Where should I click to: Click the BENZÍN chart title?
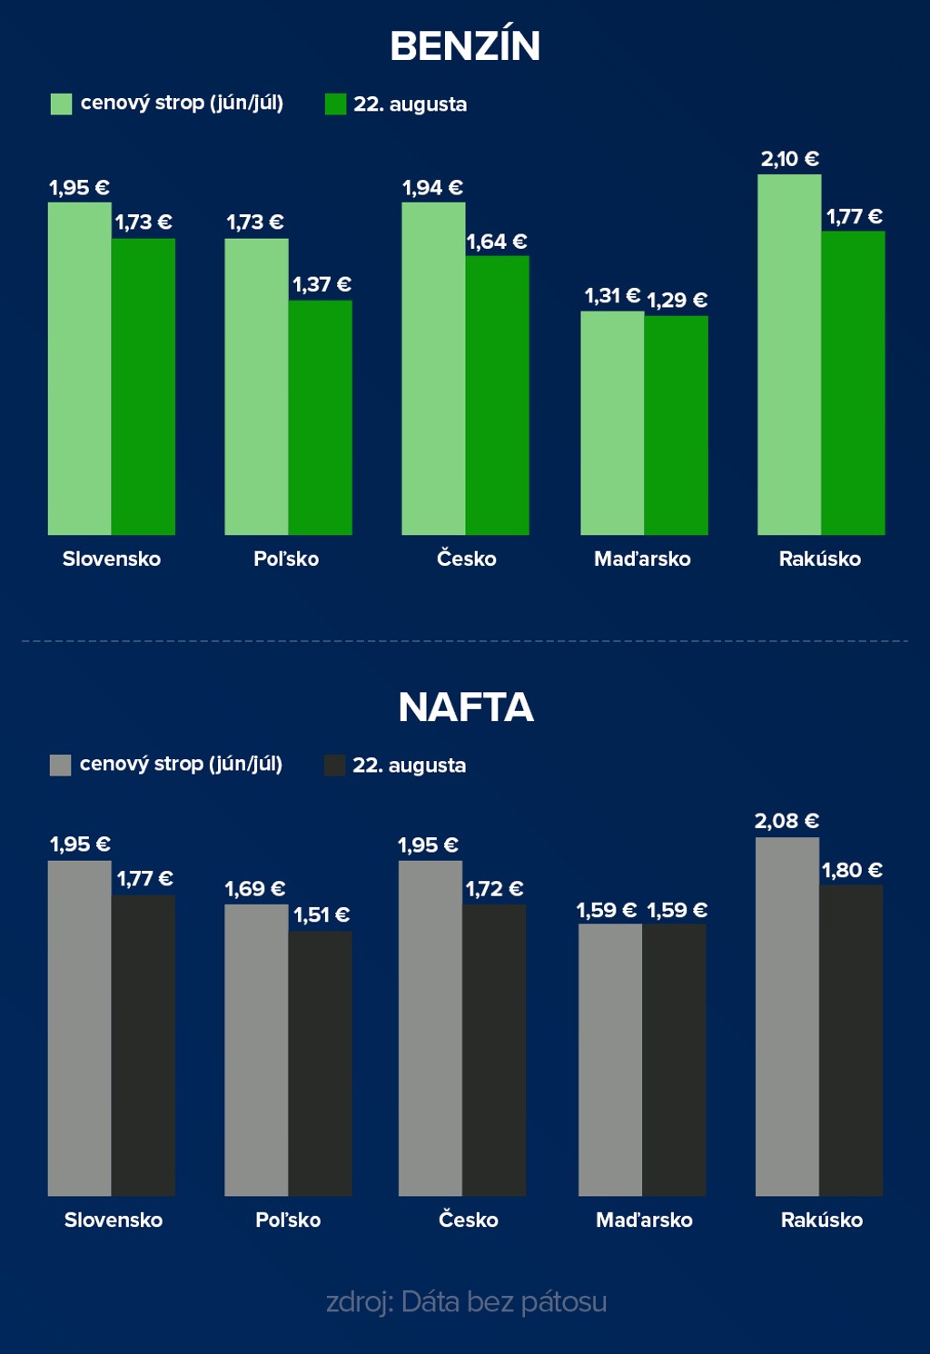click(465, 46)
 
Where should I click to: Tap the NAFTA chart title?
click(465, 707)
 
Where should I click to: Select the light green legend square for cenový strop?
click(61, 104)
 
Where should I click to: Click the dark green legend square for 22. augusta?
click(335, 104)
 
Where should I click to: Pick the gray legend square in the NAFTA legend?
click(60, 765)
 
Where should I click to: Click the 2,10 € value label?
click(789, 159)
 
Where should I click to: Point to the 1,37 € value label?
click(322, 284)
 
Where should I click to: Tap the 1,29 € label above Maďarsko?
click(677, 300)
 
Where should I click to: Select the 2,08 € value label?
click(787, 821)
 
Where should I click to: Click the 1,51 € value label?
click(322, 914)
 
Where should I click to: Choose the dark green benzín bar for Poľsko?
click(321, 418)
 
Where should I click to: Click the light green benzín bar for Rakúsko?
click(789, 354)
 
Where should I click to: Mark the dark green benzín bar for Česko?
click(498, 395)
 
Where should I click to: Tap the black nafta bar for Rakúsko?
click(851, 1040)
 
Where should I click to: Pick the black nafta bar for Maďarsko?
click(674, 1059)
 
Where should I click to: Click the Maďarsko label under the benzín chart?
click(642, 558)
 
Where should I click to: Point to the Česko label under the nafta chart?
click(468, 1220)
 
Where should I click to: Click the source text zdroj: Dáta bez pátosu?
click(466, 1301)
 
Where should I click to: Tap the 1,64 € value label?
click(496, 242)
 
